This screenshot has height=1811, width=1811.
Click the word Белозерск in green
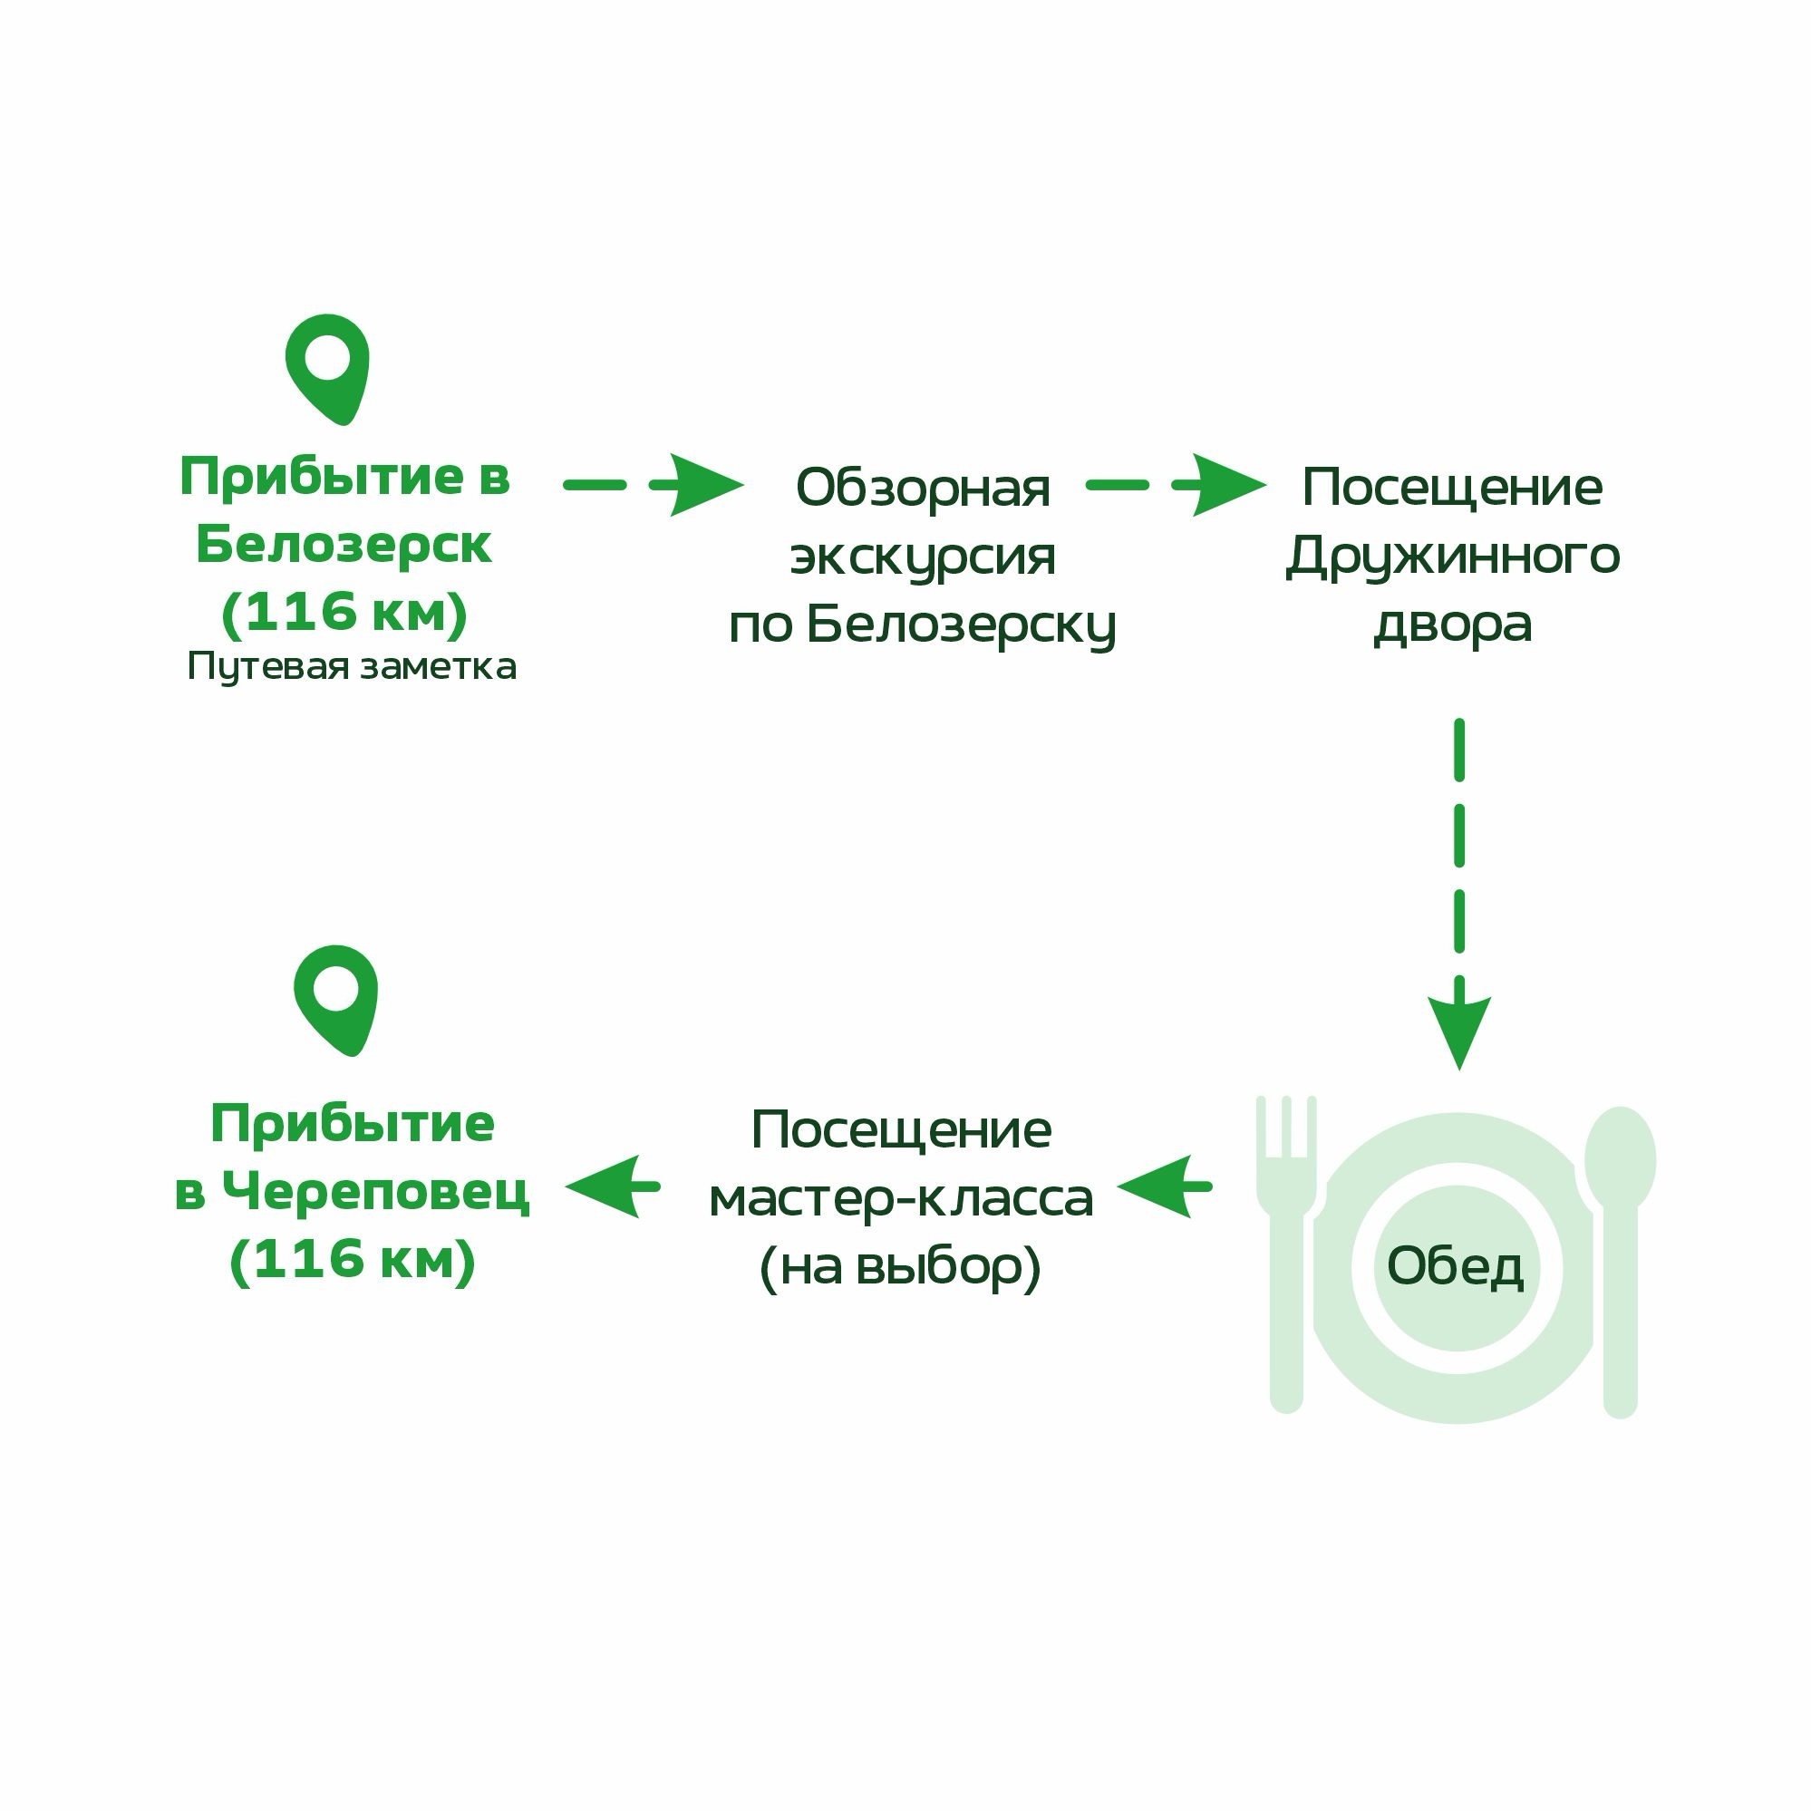344,546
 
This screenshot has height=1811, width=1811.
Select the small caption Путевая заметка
352,667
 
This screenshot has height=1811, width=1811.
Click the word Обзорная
924,488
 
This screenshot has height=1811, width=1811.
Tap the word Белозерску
962,625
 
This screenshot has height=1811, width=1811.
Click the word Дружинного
1453,557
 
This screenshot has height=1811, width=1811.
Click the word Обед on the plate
1455,1267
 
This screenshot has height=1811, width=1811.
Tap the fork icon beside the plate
1286,1254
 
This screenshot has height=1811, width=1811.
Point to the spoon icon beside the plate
1620,1262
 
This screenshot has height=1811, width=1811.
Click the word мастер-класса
902,1200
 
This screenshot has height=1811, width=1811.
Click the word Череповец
376,1192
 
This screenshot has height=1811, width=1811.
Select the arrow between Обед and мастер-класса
1165,1186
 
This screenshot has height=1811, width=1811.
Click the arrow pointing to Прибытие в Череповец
613,1186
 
